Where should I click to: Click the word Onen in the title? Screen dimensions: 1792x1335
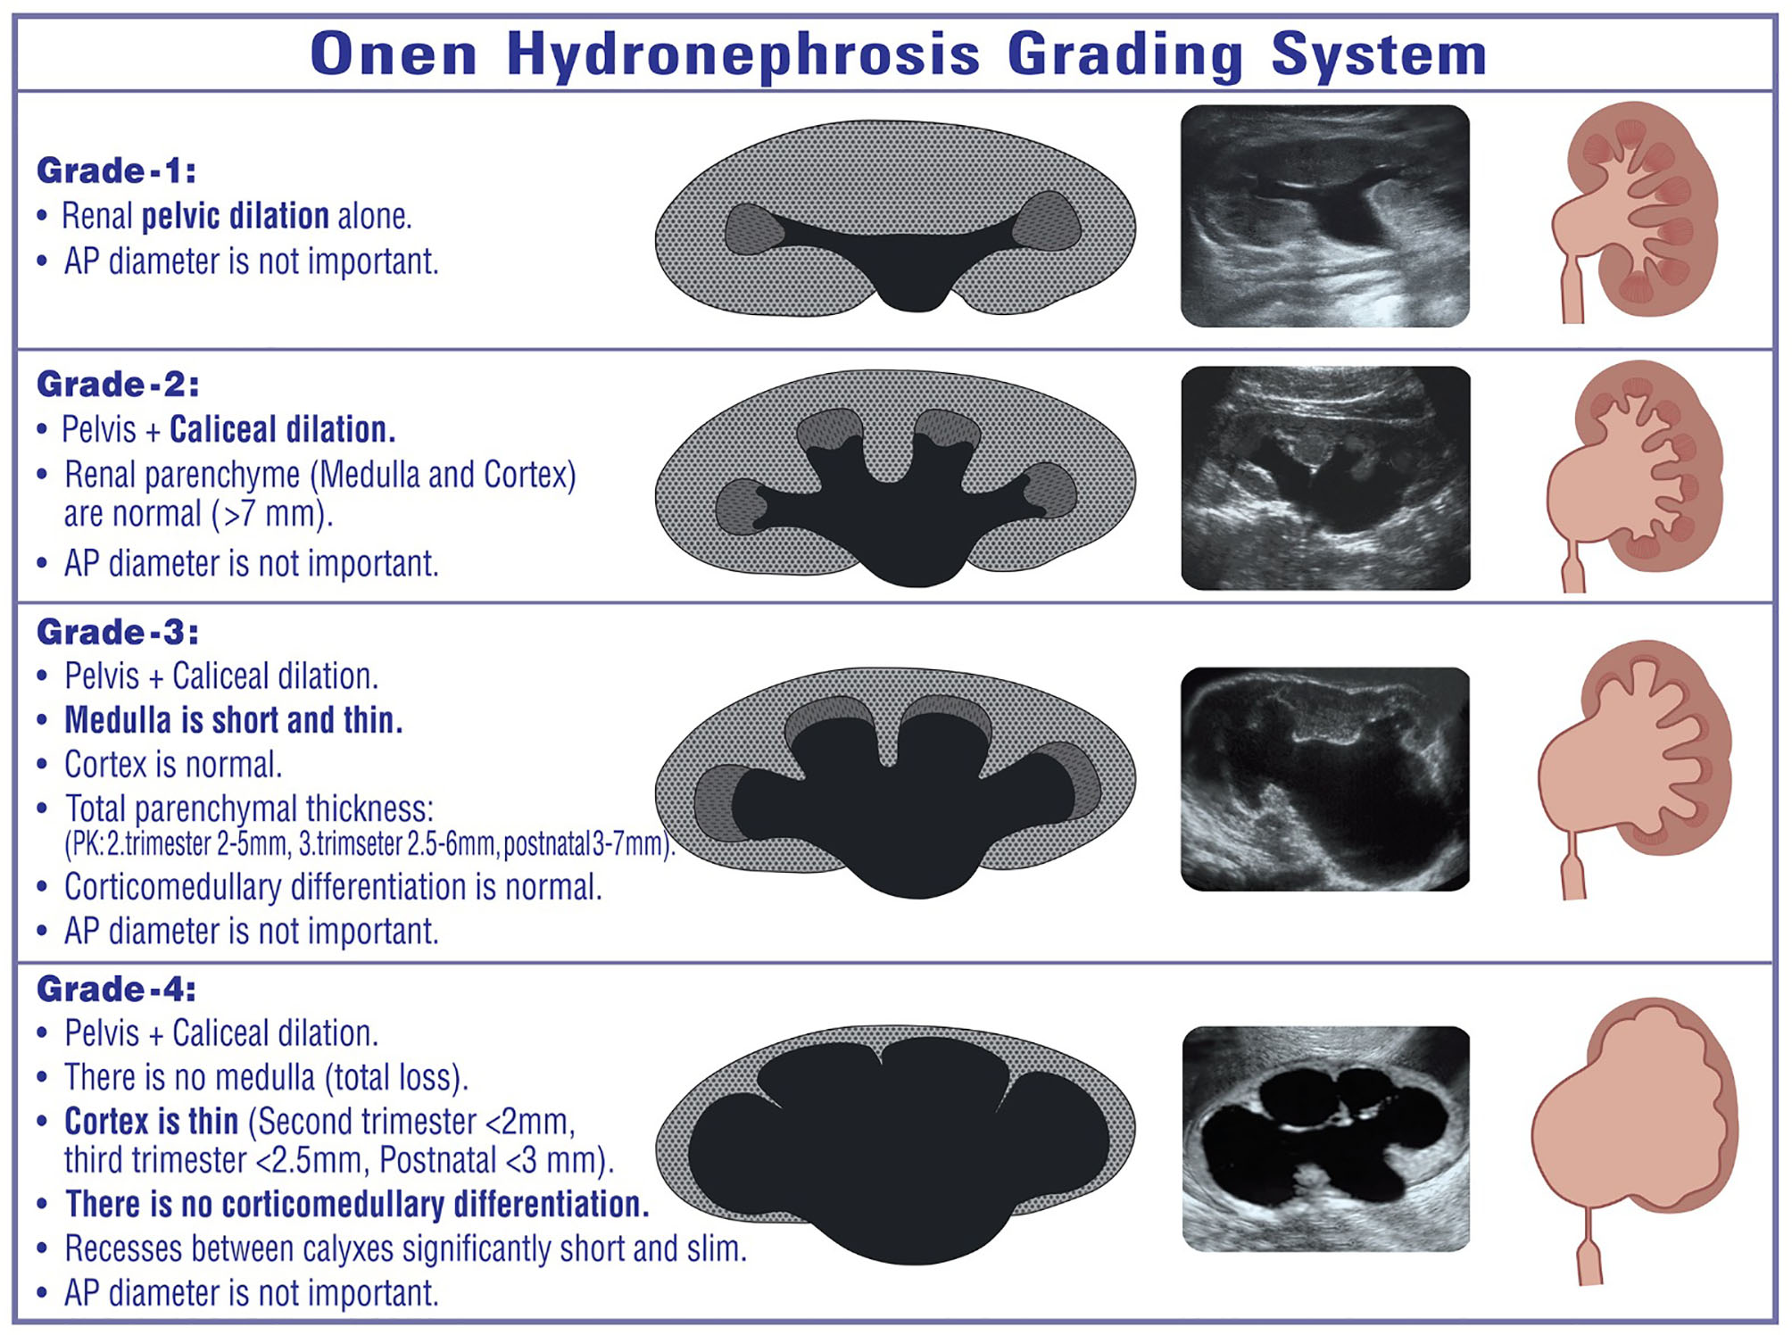[x=394, y=54]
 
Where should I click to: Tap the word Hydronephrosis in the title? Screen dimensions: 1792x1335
[x=743, y=55]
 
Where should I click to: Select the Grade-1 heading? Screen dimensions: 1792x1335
[x=116, y=170]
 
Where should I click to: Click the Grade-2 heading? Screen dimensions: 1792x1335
[x=118, y=385]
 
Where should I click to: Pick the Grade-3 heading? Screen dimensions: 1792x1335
[x=118, y=633]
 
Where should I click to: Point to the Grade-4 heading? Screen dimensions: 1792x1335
[x=116, y=990]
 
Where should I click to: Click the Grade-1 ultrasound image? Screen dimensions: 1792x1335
[x=1324, y=216]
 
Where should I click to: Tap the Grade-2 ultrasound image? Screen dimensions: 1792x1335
[x=1325, y=477]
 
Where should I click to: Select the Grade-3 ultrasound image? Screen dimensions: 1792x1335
[x=1324, y=779]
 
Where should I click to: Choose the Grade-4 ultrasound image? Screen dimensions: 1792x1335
[x=1325, y=1139]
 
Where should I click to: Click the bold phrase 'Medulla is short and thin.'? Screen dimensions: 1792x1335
[x=234, y=720]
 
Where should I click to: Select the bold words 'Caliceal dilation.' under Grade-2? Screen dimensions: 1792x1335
[x=283, y=429]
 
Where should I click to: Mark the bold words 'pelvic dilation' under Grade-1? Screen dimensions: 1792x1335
[x=236, y=216]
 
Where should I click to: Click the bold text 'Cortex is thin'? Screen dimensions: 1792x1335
[x=151, y=1122]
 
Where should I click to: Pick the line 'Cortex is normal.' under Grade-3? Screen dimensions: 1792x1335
[x=173, y=765]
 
